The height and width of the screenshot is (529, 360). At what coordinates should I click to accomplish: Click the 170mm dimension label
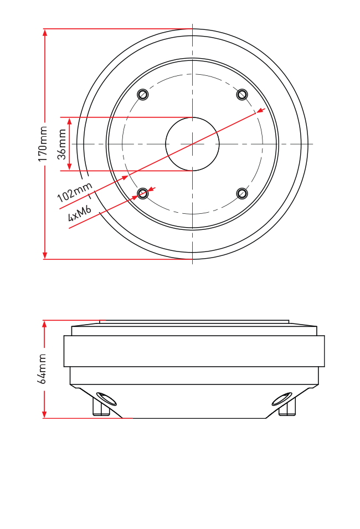[x=43, y=143]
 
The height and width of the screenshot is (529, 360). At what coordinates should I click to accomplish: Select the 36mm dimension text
[x=61, y=144]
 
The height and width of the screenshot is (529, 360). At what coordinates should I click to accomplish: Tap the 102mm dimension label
[x=75, y=192]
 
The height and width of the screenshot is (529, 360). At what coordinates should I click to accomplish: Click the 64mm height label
[x=42, y=369]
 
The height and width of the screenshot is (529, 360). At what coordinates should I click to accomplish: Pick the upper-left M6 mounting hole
[x=143, y=95]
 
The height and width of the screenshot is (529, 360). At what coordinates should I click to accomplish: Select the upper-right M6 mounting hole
[x=242, y=95]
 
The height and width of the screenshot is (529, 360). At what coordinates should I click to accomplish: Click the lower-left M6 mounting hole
[x=143, y=194]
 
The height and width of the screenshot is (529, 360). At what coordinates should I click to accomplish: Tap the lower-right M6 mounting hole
[x=242, y=194]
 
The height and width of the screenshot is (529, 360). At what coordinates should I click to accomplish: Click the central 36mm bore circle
[x=192, y=117]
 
